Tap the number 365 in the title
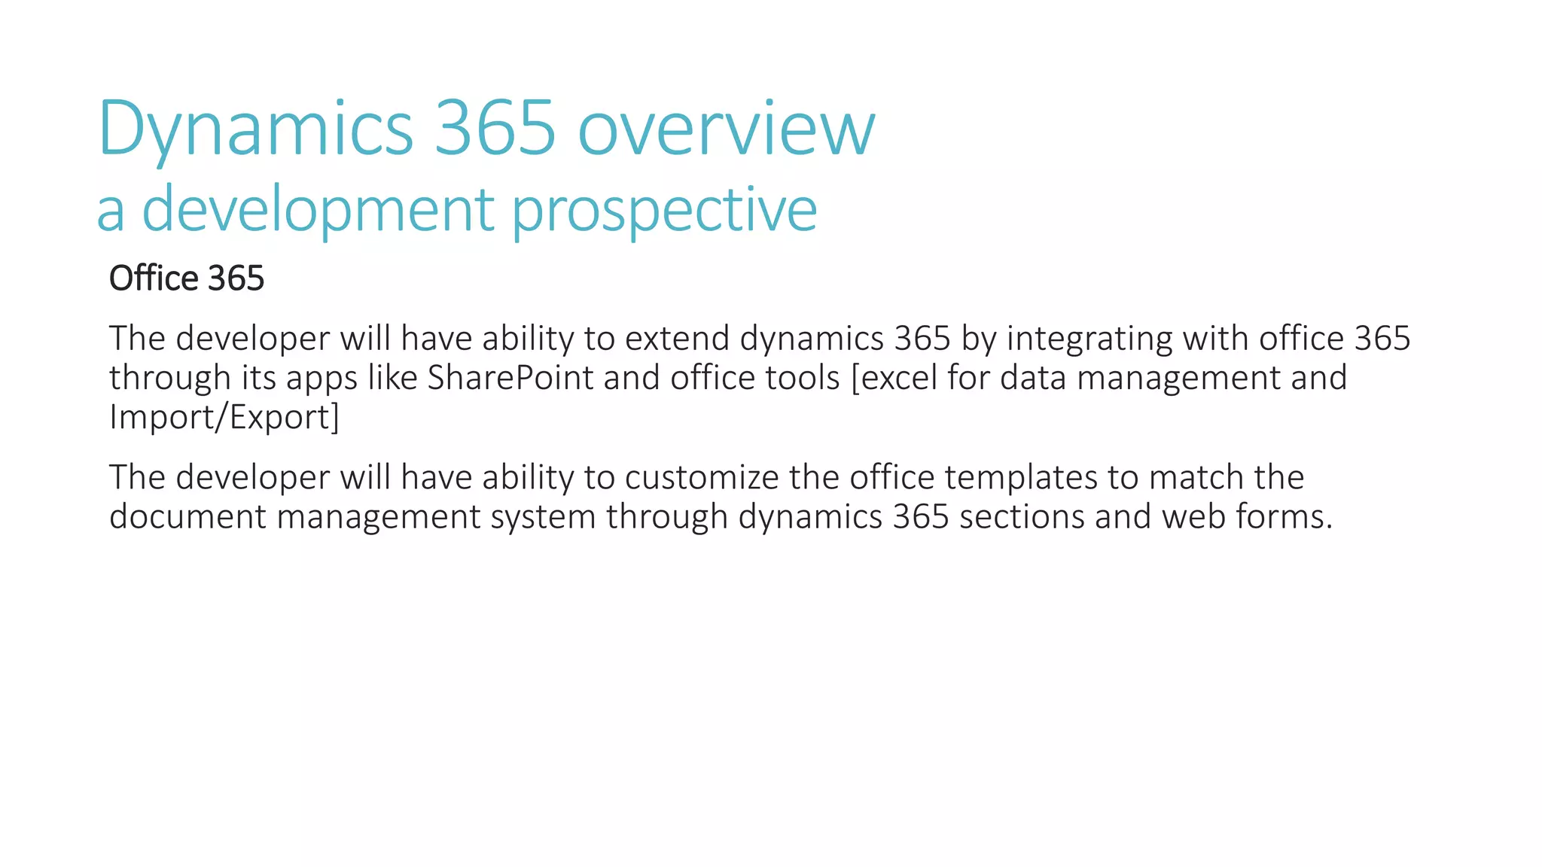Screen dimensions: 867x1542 tap(495, 128)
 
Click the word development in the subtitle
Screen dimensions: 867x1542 tap(318, 210)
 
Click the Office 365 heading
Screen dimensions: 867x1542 tap(187, 278)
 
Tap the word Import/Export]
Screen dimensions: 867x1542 tap(224, 417)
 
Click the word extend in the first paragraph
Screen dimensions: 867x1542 tap(677, 339)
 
